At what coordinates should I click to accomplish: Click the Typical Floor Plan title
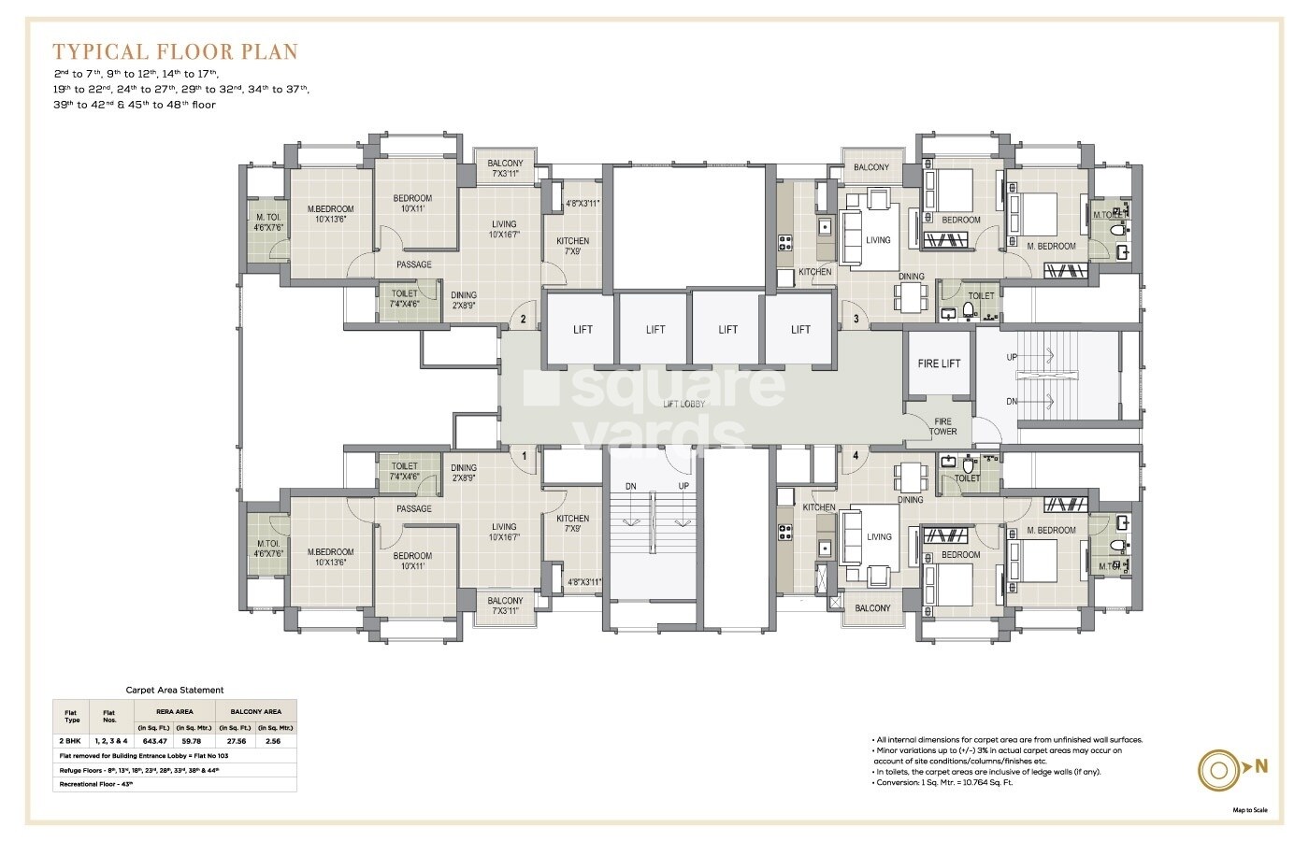coord(175,50)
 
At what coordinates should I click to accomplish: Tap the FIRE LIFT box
coord(939,363)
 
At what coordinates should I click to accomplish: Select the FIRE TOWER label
coord(942,426)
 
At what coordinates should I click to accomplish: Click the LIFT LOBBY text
coord(683,404)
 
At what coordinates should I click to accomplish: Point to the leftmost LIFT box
coord(582,329)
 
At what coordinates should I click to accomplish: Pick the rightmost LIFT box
coord(800,329)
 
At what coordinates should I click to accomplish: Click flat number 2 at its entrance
coord(524,320)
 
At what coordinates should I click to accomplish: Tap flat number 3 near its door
coord(856,320)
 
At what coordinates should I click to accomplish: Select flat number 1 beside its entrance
coord(525,455)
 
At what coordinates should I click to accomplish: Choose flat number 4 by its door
coord(856,455)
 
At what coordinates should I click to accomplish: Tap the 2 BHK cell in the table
coord(71,740)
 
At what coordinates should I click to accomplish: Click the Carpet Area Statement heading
coord(175,690)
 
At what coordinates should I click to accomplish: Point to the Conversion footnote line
coord(944,782)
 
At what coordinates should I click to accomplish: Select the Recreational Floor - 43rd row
coord(96,784)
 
